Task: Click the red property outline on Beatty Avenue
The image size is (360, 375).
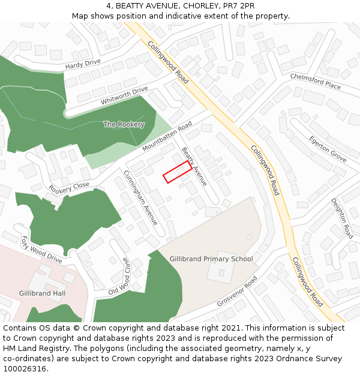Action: pos(178,172)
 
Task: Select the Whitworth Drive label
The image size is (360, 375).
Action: pos(124,96)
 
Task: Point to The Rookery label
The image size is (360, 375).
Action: pos(124,124)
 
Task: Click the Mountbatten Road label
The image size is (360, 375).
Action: pos(167,136)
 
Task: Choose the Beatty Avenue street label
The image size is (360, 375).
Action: pos(194,166)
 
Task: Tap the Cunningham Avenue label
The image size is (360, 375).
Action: pos(140,198)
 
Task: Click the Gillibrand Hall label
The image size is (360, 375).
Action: pos(42,293)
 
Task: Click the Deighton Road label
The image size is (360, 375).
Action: pos(342,218)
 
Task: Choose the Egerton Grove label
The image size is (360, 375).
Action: pos(328,149)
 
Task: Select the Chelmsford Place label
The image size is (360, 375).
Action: pos(315,82)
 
